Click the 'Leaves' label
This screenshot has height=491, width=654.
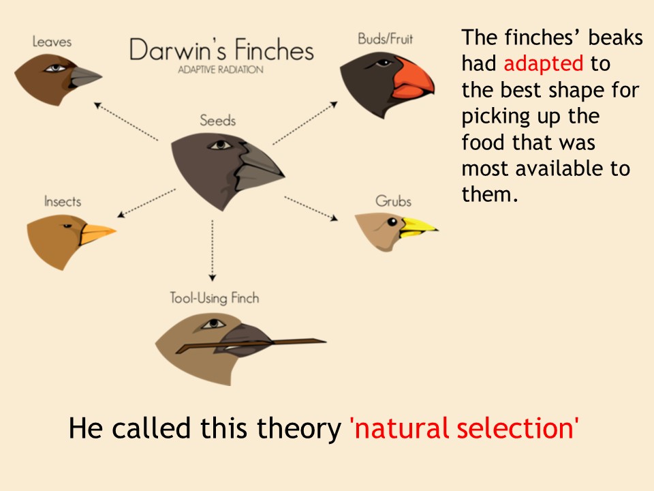52,42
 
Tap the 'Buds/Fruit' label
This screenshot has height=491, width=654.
386,39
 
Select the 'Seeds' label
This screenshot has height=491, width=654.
218,120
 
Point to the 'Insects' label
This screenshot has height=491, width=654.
63,201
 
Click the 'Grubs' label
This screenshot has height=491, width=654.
393,201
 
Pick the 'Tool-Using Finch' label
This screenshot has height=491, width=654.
215,298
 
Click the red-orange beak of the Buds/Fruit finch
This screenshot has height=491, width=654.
414,79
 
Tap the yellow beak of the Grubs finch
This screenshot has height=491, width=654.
417,228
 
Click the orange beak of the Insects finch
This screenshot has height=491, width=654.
97,234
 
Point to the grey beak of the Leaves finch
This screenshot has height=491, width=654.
83,77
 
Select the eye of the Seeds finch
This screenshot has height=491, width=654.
220,145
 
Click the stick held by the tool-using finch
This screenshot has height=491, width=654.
250,345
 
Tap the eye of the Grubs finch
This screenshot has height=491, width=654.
392,222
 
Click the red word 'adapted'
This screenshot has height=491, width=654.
544,64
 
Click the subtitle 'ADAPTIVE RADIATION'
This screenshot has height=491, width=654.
221,70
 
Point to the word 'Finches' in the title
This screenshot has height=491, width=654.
274,50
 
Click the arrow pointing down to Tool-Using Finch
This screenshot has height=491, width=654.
213,250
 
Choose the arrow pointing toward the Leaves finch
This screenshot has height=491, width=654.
126,121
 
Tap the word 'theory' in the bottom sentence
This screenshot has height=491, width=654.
298,429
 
